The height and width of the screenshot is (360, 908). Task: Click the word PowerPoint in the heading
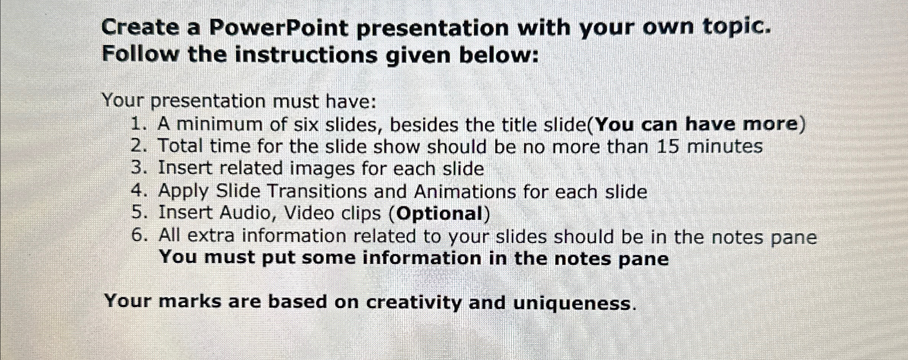(x=278, y=28)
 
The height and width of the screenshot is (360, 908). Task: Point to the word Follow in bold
(x=140, y=54)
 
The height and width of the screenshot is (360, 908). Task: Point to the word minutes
(x=725, y=146)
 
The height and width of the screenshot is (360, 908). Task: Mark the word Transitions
(x=317, y=191)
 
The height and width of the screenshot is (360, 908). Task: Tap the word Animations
(x=465, y=191)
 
